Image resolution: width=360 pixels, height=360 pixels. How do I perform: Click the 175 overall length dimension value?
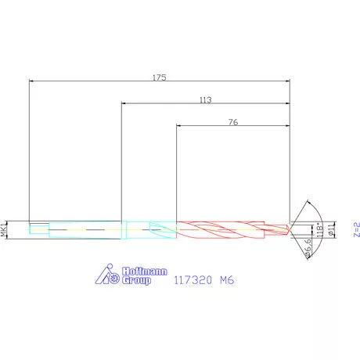[160, 77]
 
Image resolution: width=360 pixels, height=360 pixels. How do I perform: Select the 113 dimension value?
[207, 100]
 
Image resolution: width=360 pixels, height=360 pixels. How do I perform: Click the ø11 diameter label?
[333, 229]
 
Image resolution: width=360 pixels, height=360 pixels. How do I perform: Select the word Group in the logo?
[135, 279]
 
